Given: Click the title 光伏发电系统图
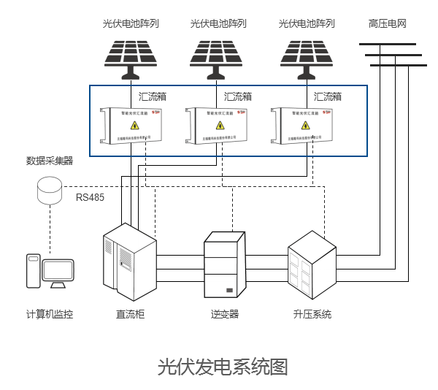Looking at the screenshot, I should (223, 366).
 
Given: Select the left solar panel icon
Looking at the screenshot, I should (131, 56).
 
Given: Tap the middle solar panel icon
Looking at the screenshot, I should (218, 56).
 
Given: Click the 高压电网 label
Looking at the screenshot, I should (387, 23).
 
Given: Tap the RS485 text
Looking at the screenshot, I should (91, 197).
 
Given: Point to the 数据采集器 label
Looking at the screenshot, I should (50, 161).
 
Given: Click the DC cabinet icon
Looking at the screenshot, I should (129, 263).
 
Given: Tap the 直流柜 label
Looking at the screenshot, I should (130, 315).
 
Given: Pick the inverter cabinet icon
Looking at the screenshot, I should (223, 264).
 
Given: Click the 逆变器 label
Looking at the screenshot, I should (225, 315).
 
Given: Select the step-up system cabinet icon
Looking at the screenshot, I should (312, 263).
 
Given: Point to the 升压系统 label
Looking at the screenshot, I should (312, 315).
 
